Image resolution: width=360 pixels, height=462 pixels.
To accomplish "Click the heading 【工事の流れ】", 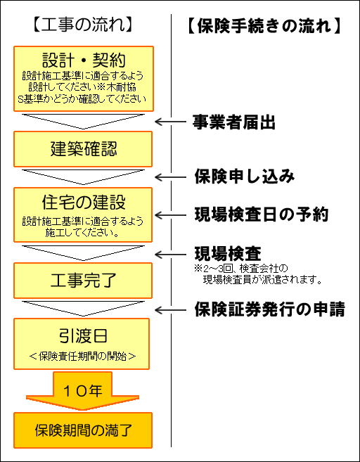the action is click(x=82, y=25).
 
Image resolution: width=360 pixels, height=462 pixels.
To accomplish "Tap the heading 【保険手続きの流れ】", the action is click(x=264, y=26).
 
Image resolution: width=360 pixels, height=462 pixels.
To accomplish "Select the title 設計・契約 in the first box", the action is click(x=84, y=60).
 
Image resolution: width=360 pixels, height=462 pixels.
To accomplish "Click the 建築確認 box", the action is click(x=83, y=149).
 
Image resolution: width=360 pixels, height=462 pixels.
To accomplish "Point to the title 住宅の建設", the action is click(x=84, y=203).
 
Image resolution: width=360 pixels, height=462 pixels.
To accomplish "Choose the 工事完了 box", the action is click(x=83, y=281).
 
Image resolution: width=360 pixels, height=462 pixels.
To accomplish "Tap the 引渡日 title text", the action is click(x=83, y=336).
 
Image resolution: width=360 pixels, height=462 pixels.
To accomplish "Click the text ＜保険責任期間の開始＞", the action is click(x=83, y=357).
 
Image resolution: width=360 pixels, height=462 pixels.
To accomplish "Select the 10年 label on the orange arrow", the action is click(x=83, y=391).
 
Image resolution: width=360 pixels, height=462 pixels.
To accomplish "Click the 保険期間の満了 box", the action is click(x=83, y=430).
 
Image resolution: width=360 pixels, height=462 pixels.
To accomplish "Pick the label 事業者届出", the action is click(x=234, y=122).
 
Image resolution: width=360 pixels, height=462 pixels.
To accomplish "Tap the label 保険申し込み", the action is click(x=244, y=177).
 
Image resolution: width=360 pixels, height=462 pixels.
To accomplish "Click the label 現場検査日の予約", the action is click(x=262, y=214).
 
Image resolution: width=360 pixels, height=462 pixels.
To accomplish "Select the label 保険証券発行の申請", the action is click(x=269, y=309).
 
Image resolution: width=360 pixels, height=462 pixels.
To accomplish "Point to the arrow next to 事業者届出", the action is click(x=170, y=122).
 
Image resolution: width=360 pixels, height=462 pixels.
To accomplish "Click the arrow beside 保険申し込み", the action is click(x=170, y=177).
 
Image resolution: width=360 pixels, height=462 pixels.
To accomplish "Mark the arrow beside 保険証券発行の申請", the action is click(x=170, y=310).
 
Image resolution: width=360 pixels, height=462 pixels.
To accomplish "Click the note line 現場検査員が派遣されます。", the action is click(x=262, y=279).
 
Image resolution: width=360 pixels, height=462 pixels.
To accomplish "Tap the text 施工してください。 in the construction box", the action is click(x=82, y=233).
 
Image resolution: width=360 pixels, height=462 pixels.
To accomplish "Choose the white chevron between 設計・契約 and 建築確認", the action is click(x=83, y=122).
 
